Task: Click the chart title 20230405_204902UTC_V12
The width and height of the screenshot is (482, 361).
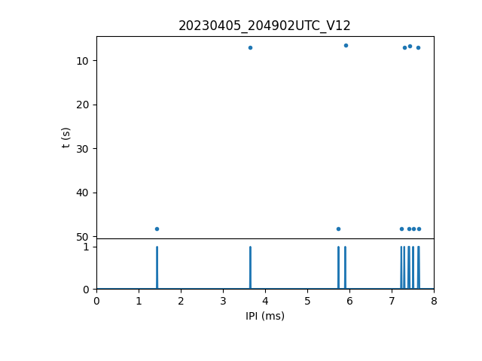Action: click(x=264, y=26)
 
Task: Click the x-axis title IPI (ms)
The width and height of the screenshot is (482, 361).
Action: click(x=264, y=316)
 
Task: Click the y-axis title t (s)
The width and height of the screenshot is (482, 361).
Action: click(x=66, y=137)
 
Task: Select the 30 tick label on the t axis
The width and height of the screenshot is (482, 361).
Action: click(x=84, y=148)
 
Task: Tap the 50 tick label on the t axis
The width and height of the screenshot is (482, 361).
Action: click(x=84, y=237)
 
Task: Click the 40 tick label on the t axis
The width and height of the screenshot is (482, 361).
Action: click(x=84, y=193)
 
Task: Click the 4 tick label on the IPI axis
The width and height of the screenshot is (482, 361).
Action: click(x=265, y=301)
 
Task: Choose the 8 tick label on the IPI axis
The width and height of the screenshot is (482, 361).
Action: click(x=434, y=301)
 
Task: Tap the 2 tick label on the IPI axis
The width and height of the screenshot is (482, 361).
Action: click(x=181, y=301)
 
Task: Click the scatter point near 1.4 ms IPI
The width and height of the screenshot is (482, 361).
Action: click(x=157, y=229)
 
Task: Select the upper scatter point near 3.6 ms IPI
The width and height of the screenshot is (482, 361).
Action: click(x=250, y=47)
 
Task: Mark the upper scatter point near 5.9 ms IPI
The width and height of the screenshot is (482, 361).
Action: click(x=346, y=45)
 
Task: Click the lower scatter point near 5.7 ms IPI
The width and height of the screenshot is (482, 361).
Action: click(x=338, y=229)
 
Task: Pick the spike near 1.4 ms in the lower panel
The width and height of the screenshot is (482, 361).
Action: click(x=157, y=268)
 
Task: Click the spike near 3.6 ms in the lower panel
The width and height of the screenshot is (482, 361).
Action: click(x=250, y=268)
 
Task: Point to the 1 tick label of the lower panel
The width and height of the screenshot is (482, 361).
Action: click(x=86, y=247)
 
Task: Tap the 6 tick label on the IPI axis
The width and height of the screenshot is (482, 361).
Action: click(x=349, y=301)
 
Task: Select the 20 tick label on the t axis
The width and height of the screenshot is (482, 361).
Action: click(x=84, y=105)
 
